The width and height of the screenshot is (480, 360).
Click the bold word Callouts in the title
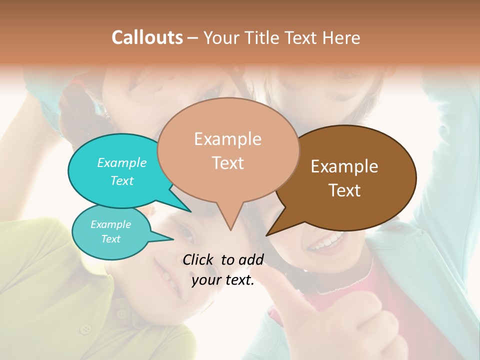coord(147,37)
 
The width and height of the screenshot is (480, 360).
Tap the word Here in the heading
coord(341,38)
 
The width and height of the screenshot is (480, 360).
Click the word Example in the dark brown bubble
coord(344,166)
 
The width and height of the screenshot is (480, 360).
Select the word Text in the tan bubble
coord(228,163)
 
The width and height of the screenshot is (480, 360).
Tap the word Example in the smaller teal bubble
coord(110,224)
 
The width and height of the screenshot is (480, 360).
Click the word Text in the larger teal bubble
coord(122,180)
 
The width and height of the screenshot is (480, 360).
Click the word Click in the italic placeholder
coord(198,259)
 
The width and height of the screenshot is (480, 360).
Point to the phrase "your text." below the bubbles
coord(223,280)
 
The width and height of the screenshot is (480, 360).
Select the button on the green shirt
coord(86,328)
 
